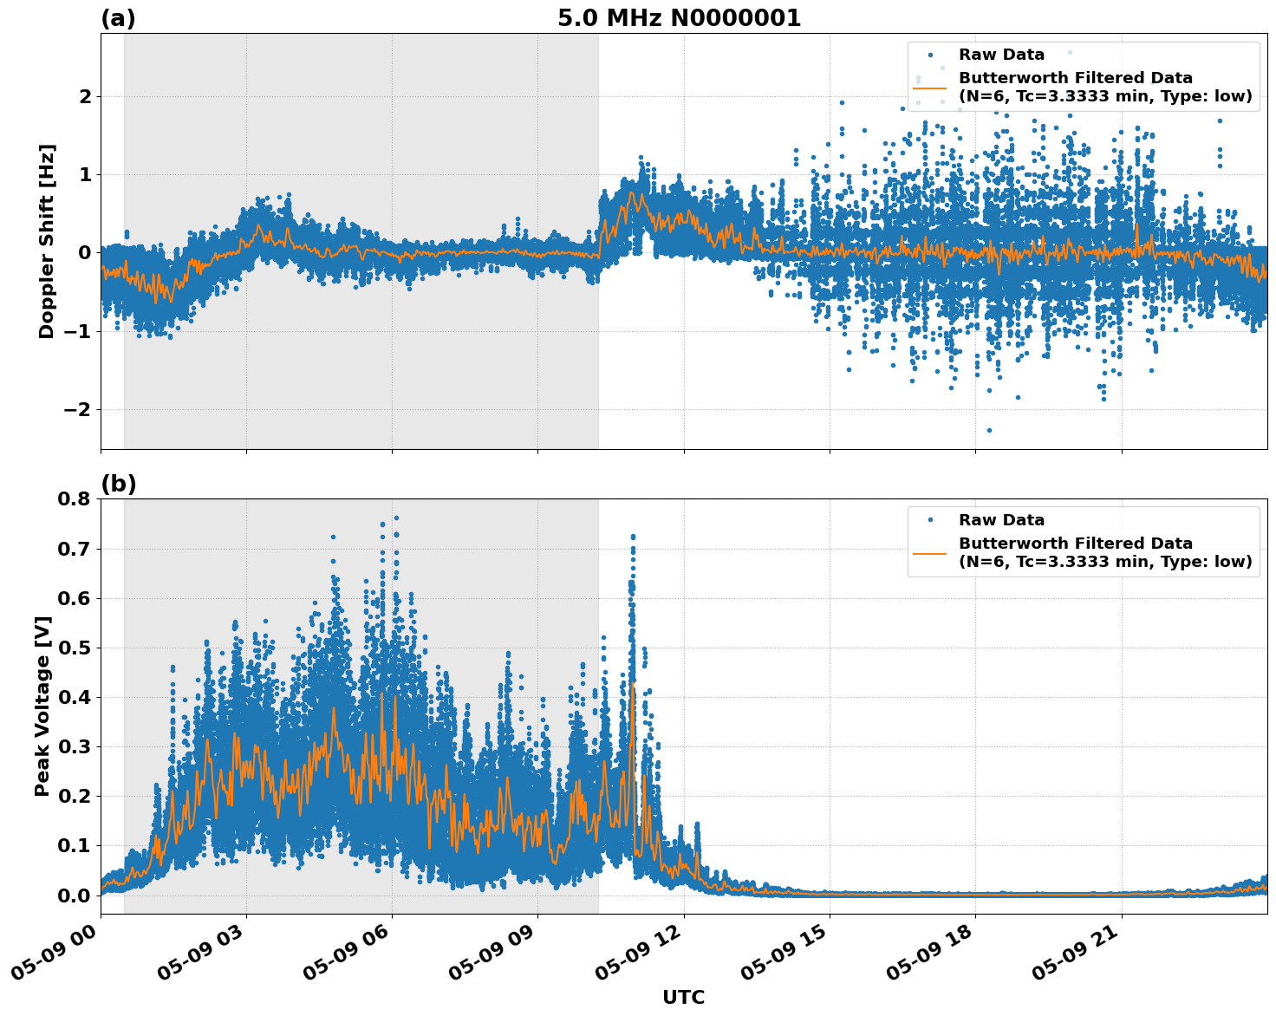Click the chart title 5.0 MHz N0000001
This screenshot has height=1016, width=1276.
click(679, 18)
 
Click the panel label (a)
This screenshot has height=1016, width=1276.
click(118, 18)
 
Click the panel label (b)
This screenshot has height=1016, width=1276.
click(118, 484)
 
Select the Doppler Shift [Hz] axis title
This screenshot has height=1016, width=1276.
click(47, 241)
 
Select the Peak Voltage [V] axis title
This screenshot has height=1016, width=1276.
click(42, 706)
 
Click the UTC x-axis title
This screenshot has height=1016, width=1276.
click(683, 997)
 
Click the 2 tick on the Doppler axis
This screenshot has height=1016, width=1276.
click(85, 96)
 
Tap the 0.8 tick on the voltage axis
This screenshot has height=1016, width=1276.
click(74, 498)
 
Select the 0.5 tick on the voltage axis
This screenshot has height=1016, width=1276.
click(74, 648)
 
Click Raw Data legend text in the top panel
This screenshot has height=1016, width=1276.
click(1001, 55)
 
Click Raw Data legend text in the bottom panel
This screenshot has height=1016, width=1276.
click(1001, 520)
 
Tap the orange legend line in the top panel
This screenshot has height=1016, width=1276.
click(929, 87)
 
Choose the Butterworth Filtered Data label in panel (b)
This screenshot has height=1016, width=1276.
click(1075, 544)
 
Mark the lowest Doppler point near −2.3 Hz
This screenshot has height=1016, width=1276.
click(989, 430)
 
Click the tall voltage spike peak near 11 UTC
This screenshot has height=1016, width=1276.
click(633, 537)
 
